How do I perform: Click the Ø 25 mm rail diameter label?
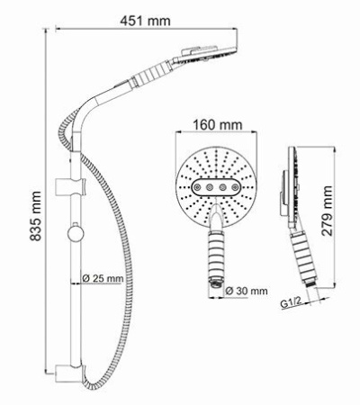coord(101,279)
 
